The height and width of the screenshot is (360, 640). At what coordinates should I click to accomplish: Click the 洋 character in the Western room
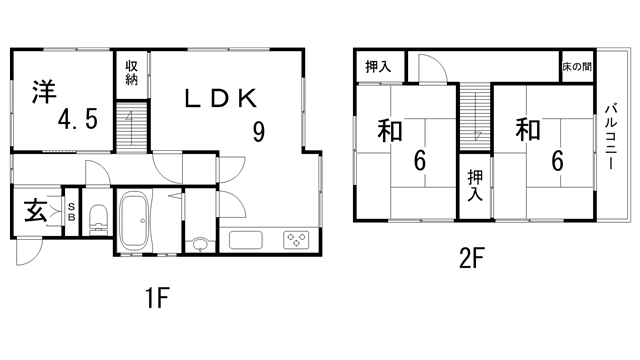44,91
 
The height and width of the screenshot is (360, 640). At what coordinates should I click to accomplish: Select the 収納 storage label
132,73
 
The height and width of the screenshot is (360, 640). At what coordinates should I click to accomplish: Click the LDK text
221,99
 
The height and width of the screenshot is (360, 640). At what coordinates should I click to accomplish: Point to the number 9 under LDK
258,132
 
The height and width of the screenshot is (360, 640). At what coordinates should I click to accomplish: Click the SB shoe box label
70,211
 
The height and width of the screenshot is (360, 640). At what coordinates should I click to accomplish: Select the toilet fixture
97,218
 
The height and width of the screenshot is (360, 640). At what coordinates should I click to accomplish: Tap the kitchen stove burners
298,240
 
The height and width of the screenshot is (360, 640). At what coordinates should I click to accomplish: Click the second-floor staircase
476,116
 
